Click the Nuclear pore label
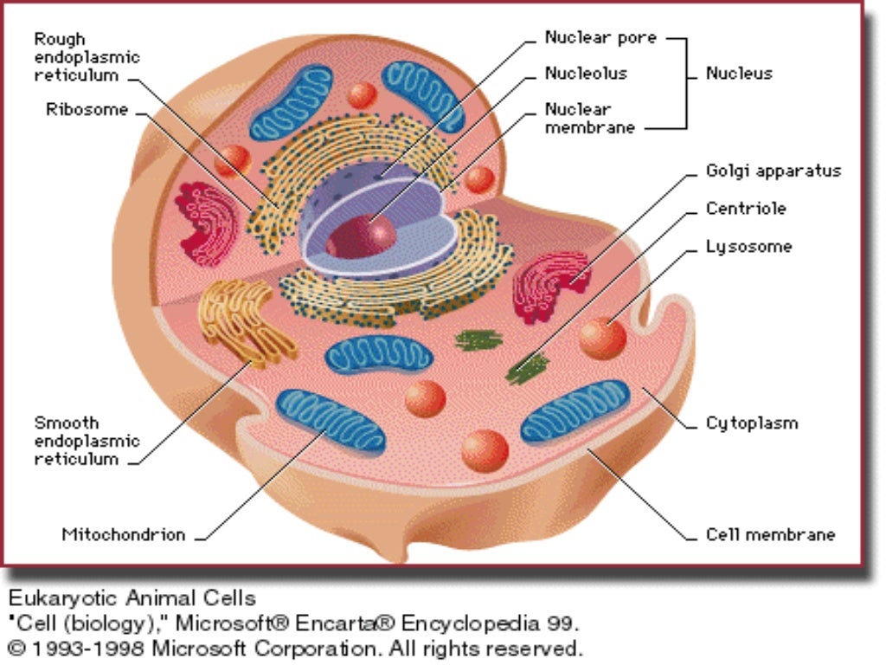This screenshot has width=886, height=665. pyautogui.click(x=600, y=38)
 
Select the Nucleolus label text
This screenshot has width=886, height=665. pyautogui.click(x=586, y=74)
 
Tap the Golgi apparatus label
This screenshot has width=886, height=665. pyautogui.click(x=773, y=171)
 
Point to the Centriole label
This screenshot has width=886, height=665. pyautogui.click(x=746, y=209)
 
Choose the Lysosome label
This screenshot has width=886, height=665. pyautogui.click(x=748, y=247)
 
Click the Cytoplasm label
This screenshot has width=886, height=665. pyautogui.click(x=751, y=423)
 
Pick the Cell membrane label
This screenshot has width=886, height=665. pyautogui.click(x=770, y=534)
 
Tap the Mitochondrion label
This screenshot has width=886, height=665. pyautogui.click(x=123, y=534)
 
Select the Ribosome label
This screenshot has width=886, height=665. pyautogui.click(x=87, y=110)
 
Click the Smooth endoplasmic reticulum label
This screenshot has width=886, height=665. pyautogui.click(x=87, y=441)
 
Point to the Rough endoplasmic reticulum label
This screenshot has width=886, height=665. pyautogui.click(x=87, y=57)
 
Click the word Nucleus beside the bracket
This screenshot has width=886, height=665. pyautogui.click(x=738, y=74)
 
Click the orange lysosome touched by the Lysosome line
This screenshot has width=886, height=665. pyautogui.click(x=602, y=338)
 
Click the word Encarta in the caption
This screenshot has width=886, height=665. pyautogui.click(x=375, y=623)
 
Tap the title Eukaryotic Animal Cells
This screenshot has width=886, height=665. pyautogui.click(x=132, y=598)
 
